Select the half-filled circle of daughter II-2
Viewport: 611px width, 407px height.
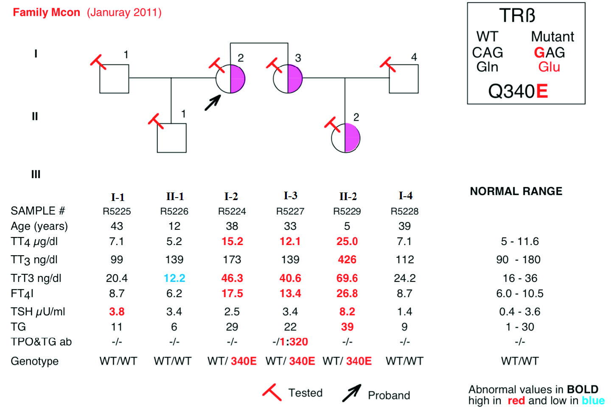point(345,138)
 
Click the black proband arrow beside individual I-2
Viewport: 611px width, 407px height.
point(213,103)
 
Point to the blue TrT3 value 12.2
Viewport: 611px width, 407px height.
point(174,278)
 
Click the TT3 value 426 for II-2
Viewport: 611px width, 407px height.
point(347,259)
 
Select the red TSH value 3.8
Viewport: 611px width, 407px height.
point(117,312)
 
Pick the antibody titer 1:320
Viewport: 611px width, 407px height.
point(294,342)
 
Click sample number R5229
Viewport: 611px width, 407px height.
point(347,211)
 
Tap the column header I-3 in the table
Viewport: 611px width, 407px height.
point(291,195)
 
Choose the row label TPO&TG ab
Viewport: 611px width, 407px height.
point(41,342)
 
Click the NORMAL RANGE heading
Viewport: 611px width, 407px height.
point(516,191)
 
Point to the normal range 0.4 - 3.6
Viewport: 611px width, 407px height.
point(520,312)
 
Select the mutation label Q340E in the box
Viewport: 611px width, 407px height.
point(518,91)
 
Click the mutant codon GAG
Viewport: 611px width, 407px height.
point(549,52)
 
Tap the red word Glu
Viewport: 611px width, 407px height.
point(549,67)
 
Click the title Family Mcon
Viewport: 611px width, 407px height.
point(46,13)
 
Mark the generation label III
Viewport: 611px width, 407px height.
point(36,174)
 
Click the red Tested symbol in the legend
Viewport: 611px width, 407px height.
point(272,392)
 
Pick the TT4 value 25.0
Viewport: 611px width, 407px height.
point(347,241)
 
